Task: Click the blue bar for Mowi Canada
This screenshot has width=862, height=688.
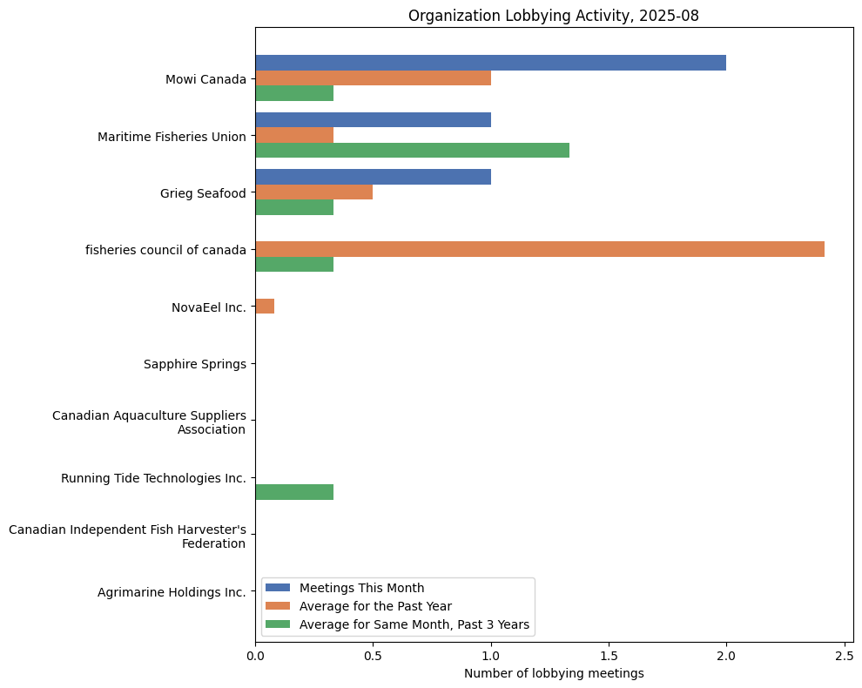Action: coord(490,63)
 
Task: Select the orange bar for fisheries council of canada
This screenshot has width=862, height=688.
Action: coord(540,249)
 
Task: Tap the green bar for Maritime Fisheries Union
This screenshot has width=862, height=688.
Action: coord(412,150)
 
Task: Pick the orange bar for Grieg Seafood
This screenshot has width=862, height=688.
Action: coord(313,192)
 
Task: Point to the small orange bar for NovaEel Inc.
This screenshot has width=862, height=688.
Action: coord(265,307)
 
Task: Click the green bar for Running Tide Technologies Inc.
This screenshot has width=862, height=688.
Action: coord(294,492)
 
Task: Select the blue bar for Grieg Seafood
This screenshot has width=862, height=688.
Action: coord(373,177)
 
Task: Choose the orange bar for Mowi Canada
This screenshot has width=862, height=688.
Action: coord(373,78)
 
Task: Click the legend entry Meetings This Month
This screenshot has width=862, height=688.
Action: coord(361,587)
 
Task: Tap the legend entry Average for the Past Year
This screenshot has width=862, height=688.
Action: coord(375,605)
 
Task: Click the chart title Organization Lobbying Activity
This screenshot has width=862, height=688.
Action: coord(553,16)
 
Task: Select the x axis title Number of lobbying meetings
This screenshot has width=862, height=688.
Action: coord(554,673)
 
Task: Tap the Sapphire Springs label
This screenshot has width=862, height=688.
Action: coord(194,364)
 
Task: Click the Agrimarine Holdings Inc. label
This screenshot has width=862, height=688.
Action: coord(172,592)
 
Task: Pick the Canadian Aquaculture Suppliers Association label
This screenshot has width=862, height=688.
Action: coord(149,422)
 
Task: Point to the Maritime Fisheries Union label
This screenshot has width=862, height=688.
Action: coord(172,137)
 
